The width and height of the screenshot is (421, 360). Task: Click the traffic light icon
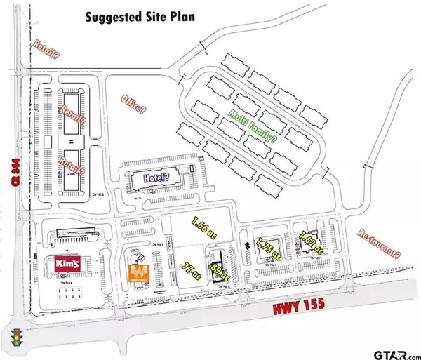pyautogui.click(x=15, y=338)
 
